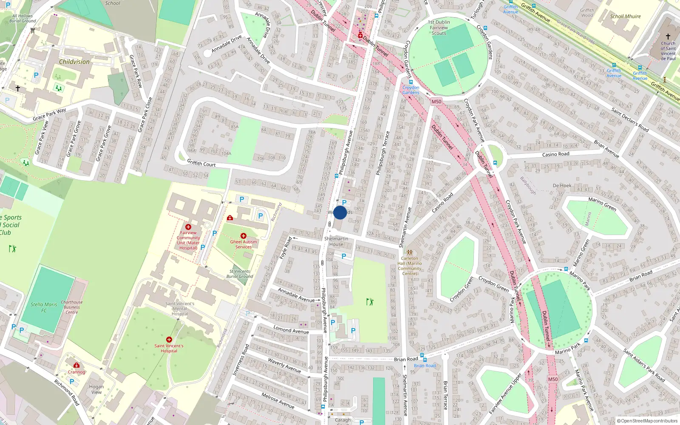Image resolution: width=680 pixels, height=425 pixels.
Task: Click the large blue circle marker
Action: [x=340, y=212]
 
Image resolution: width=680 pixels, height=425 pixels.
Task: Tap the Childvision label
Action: [x=74, y=62]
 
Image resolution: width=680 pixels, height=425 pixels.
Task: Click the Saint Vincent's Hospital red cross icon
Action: [x=169, y=340]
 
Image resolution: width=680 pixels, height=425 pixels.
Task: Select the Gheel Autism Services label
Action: [x=244, y=244]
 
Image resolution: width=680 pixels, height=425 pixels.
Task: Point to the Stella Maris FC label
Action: [x=44, y=307]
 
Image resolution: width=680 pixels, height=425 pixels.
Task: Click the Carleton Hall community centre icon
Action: [x=410, y=252]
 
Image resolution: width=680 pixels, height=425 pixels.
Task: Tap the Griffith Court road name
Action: [x=201, y=163]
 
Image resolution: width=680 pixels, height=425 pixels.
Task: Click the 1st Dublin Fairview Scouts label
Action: [x=439, y=28]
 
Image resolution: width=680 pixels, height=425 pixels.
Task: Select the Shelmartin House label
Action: [x=336, y=241]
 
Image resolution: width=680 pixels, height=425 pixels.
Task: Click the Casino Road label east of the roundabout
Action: [x=555, y=154]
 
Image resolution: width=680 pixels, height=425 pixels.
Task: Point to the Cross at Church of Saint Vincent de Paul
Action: [x=668, y=37]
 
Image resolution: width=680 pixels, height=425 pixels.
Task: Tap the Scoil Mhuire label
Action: [x=625, y=17]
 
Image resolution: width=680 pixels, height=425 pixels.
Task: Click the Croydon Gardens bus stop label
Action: [x=411, y=90]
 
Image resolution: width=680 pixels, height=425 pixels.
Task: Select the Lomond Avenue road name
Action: [x=291, y=330]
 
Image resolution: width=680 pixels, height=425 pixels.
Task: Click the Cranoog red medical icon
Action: [x=76, y=365]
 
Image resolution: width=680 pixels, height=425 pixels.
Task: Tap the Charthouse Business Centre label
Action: [x=72, y=307]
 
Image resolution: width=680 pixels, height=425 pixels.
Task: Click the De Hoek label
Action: [x=562, y=185]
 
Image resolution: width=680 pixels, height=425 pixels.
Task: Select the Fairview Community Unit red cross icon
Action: [x=188, y=227]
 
